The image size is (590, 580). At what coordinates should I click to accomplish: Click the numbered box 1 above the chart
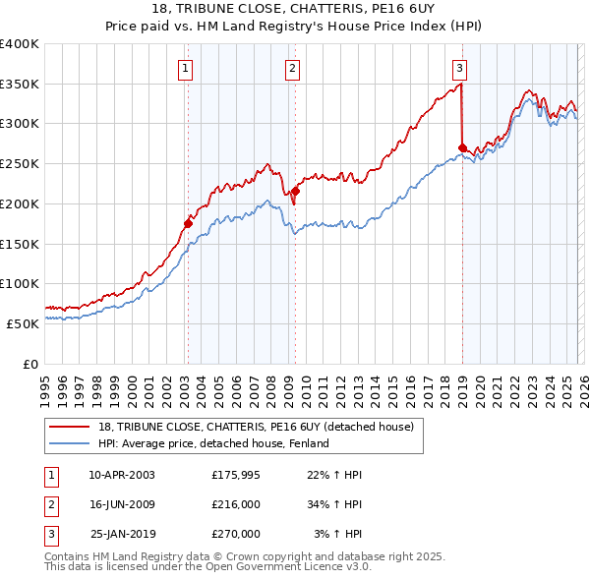coord(186,68)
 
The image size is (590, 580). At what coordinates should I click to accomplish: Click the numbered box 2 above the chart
coord(293,68)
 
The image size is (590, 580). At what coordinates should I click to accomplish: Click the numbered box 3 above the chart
coord(460,68)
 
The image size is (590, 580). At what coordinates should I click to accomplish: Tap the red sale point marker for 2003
coord(188,223)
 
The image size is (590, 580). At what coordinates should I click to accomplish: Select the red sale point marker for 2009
coord(295,191)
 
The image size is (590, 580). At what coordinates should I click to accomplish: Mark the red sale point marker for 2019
coord(462,147)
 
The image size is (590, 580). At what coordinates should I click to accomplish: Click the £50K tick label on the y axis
coord(24,322)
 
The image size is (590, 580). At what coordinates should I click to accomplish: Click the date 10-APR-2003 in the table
coord(122,475)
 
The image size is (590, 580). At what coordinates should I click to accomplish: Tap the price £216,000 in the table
coord(236,504)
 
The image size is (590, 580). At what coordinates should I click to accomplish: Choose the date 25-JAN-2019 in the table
coord(122,534)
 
